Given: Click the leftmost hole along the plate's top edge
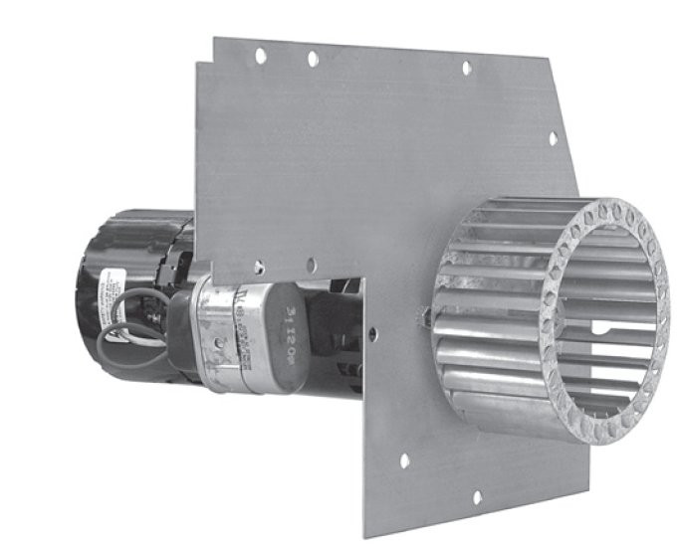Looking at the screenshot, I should (x=261, y=56).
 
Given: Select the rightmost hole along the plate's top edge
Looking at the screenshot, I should (x=465, y=68).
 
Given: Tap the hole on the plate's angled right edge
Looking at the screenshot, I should (x=554, y=138).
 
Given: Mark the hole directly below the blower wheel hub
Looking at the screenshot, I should (x=403, y=460).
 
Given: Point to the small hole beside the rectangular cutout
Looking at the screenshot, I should (x=372, y=334).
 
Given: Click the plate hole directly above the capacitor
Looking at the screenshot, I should (x=259, y=267).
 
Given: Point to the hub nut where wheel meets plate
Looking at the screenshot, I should (x=426, y=316).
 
